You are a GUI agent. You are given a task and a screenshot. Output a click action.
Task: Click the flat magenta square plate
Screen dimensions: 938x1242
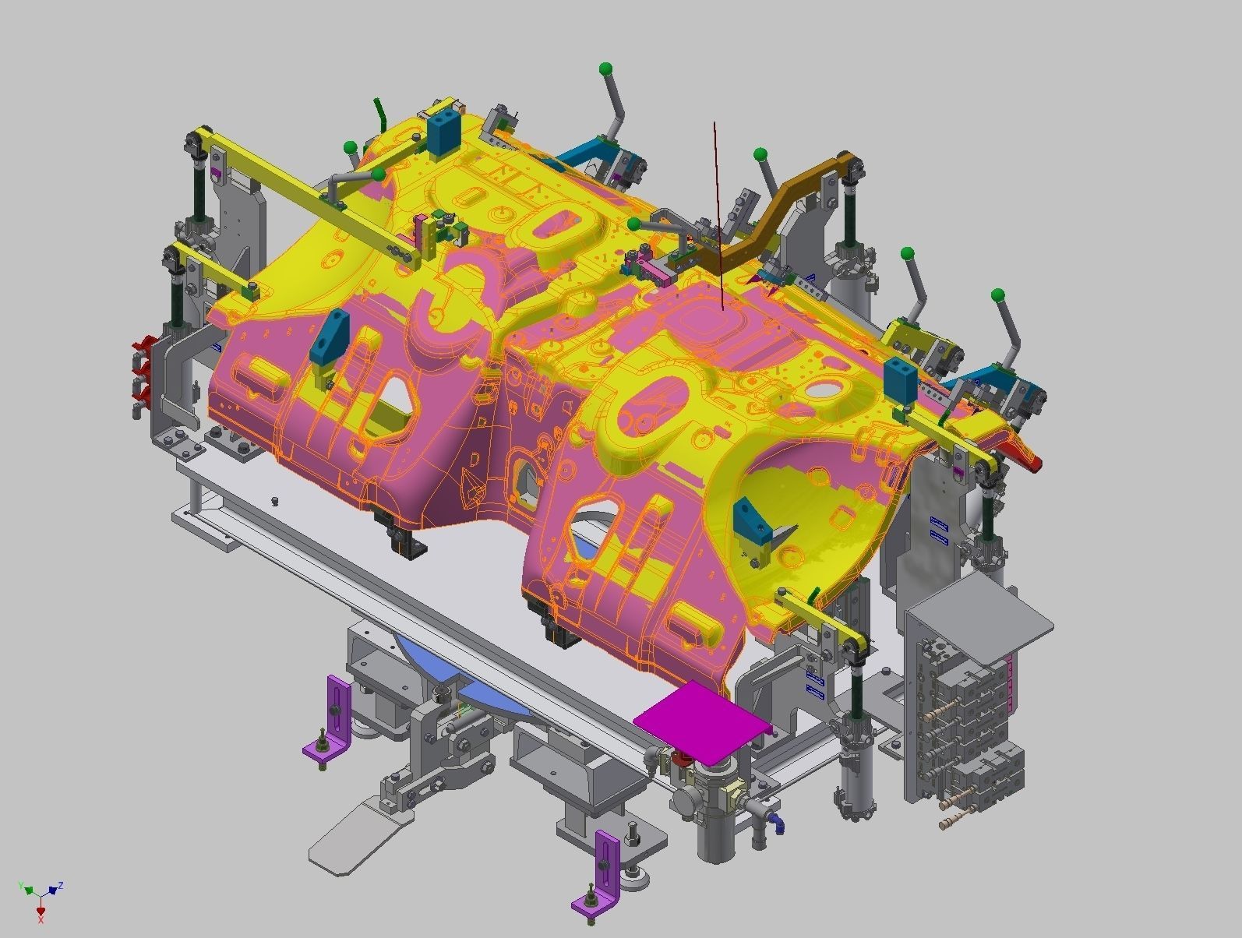click(x=701, y=721)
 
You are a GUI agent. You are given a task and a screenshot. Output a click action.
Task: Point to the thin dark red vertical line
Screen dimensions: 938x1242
click(x=718, y=210)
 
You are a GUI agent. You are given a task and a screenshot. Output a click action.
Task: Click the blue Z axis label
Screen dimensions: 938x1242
click(x=61, y=885)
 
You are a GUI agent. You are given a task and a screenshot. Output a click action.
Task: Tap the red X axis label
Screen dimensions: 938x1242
click(x=40, y=920)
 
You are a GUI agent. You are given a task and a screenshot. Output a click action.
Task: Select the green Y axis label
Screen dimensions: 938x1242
click(x=21, y=886)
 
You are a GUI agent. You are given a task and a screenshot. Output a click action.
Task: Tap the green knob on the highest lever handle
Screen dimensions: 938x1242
click(x=605, y=69)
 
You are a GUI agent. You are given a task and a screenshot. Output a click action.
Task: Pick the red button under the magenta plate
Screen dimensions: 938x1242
click(x=684, y=758)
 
